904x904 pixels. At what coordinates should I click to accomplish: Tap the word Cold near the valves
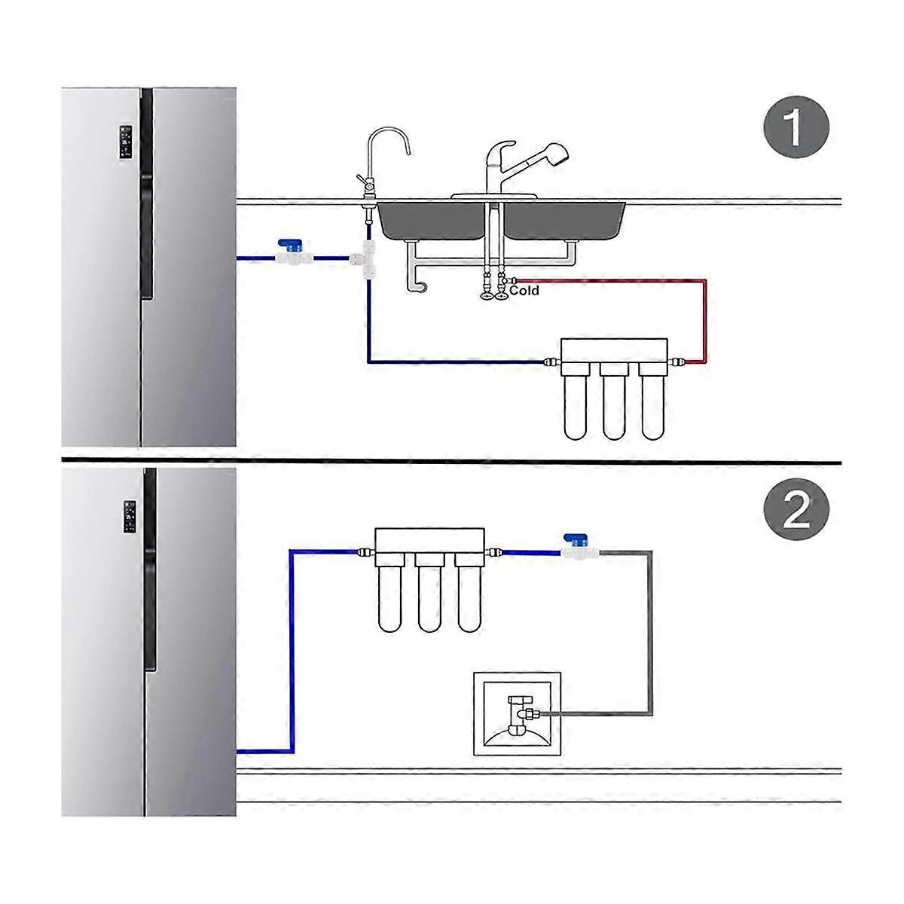click(x=524, y=290)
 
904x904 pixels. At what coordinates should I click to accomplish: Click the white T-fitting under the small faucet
click(x=369, y=260)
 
